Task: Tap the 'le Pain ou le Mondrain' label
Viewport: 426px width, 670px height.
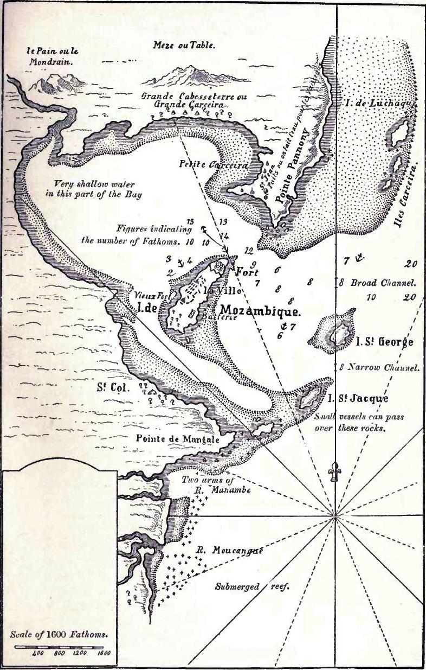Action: (x=50, y=56)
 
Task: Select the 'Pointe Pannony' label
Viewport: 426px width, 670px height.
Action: (x=296, y=168)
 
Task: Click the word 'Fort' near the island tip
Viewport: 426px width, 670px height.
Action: (x=246, y=273)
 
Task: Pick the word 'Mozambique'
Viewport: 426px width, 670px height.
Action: (x=260, y=312)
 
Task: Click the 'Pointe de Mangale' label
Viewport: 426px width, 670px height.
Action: (x=178, y=439)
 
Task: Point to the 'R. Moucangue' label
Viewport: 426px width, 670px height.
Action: (x=229, y=550)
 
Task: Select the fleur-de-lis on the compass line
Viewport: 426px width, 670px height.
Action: (x=335, y=472)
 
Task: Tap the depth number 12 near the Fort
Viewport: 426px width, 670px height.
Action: (x=249, y=250)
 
